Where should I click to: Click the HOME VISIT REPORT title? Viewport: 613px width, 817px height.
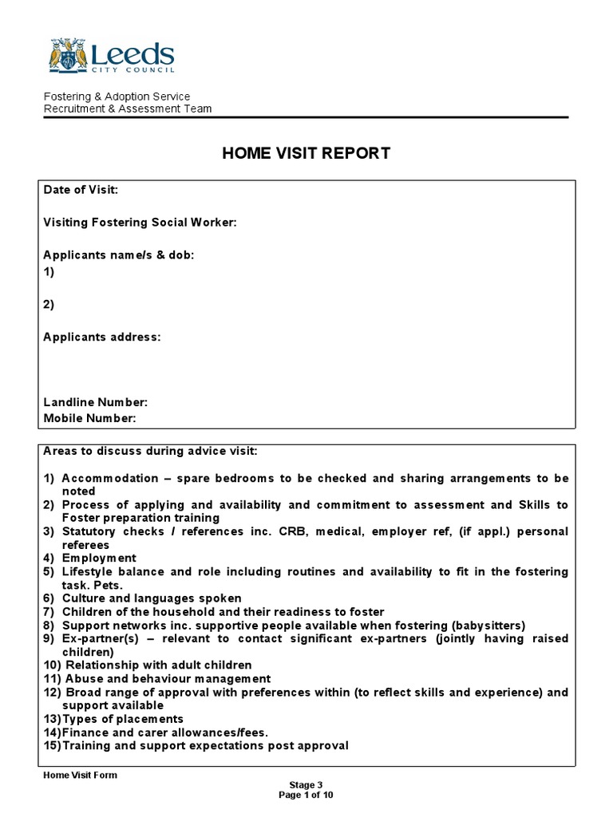point(306,153)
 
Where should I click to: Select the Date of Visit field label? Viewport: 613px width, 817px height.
point(81,190)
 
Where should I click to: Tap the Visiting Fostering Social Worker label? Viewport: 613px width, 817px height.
point(140,223)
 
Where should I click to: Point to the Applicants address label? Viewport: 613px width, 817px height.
point(101,337)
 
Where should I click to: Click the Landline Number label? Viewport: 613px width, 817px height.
point(95,402)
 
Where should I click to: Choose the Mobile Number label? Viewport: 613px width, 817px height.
point(89,418)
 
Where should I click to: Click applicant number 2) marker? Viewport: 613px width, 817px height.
point(49,304)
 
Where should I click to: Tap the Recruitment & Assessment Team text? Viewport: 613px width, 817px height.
point(127,109)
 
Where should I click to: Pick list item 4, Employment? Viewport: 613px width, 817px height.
point(99,558)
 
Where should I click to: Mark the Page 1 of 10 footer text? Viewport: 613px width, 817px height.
point(306,795)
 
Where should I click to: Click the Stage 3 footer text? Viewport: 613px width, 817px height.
point(306,785)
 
